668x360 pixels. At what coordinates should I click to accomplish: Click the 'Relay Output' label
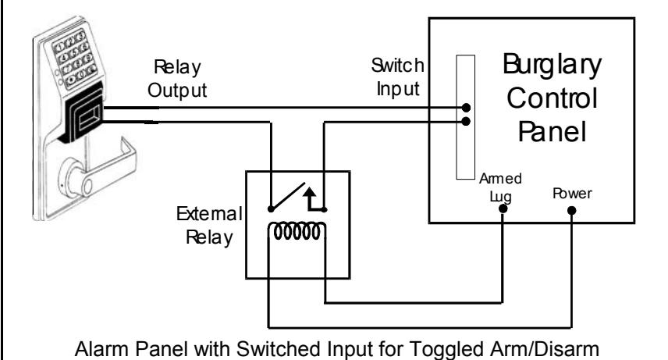click(177, 79)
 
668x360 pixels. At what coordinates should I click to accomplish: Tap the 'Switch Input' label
click(398, 77)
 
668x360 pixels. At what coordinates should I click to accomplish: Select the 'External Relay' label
click(209, 226)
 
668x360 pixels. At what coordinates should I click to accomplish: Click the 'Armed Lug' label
click(500, 187)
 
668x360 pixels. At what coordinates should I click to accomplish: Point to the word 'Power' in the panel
click(572, 193)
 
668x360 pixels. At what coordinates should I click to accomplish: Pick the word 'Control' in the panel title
click(553, 98)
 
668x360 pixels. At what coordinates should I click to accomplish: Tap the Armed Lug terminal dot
click(503, 209)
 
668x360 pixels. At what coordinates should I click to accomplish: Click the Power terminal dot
click(572, 210)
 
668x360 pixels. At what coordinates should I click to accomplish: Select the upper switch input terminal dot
click(467, 108)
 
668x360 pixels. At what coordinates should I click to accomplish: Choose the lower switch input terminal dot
click(466, 122)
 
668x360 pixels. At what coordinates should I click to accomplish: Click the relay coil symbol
click(297, 232)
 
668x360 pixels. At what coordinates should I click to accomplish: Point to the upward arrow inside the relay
click(309, 199)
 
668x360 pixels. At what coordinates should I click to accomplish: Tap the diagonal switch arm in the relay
click(288, 196)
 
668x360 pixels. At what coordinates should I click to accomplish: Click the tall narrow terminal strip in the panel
click(466, 117)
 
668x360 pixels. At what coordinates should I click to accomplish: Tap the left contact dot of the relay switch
click(271, 209)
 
